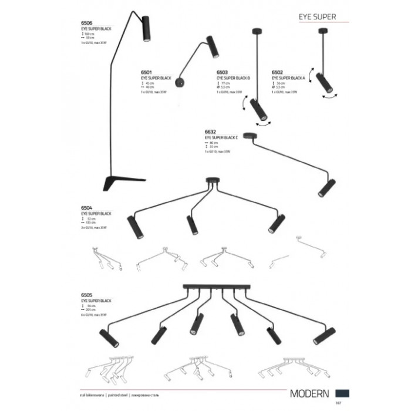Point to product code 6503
coord(223,73)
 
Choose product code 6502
coord(277,73)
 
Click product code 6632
coord(211,132)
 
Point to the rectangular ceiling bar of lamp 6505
coord(213,287)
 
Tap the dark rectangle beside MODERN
coord(344,392)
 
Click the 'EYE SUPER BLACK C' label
coord(221,137)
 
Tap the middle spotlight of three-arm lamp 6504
coord(191,225)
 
